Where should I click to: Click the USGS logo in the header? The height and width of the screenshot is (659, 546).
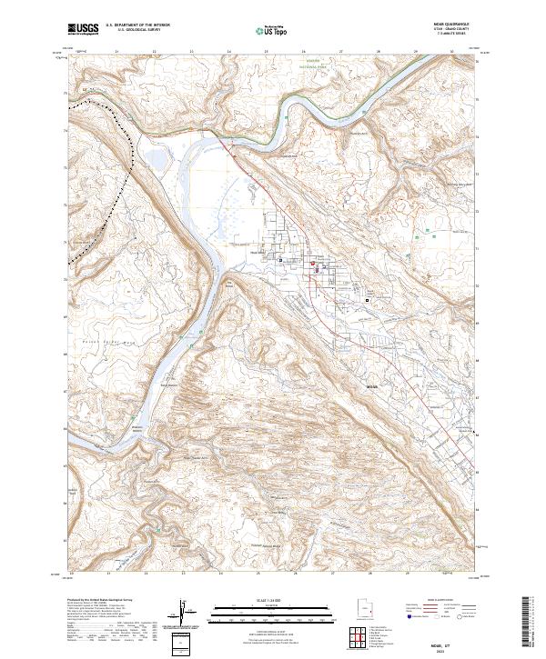pyautogui.click(x=83, y=30)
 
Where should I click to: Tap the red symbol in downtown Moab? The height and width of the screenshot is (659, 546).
pyautogui.click(x=314, y=265)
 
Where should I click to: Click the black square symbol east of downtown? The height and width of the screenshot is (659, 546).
pyautogui.click(x=368, y=298)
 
